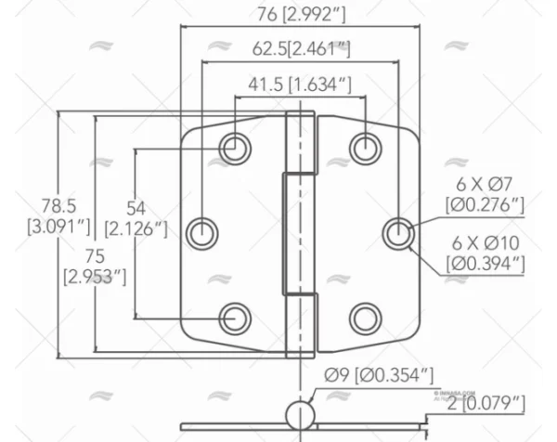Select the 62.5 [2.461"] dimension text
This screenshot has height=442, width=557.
tap(300, 48)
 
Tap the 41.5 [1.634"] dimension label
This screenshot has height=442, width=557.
tap(300, 84)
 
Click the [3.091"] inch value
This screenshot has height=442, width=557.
tap(58, 225)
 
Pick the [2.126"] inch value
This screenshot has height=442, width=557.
tap(136, 226)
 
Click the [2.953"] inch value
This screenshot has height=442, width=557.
tap(94, 276)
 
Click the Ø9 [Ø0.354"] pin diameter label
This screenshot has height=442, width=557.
tap(379, 375)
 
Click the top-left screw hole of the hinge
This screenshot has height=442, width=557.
tap(235, 147)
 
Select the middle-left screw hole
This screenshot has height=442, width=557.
tap(203, 233)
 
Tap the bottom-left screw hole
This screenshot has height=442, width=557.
tap(235, 318)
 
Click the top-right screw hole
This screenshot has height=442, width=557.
tap(366, 147)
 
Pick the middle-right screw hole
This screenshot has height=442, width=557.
tap(398, 233)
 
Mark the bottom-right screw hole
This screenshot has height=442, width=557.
tap(366, 318)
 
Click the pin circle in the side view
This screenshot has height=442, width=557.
tap(301, 413)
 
